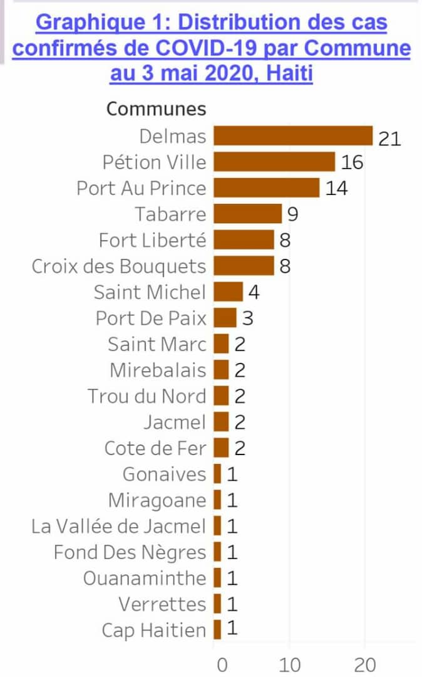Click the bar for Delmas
[293, 136]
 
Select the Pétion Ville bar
[274, 162]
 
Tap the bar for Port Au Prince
[266, 188]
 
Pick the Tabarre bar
[247, 214]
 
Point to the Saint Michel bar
[228, 292]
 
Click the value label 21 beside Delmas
[389, 137]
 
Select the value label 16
[352, 163]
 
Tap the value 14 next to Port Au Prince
[336, 189]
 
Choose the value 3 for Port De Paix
[247, 318]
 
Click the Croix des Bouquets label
[119, 266]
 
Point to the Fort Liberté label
[152, 240]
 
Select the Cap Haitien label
[154, 630]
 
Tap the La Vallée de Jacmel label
[118, 527]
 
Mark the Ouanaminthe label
[145, 578]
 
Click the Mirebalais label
[158, 370]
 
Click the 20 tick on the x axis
[365, 664]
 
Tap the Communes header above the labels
[156, 108]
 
